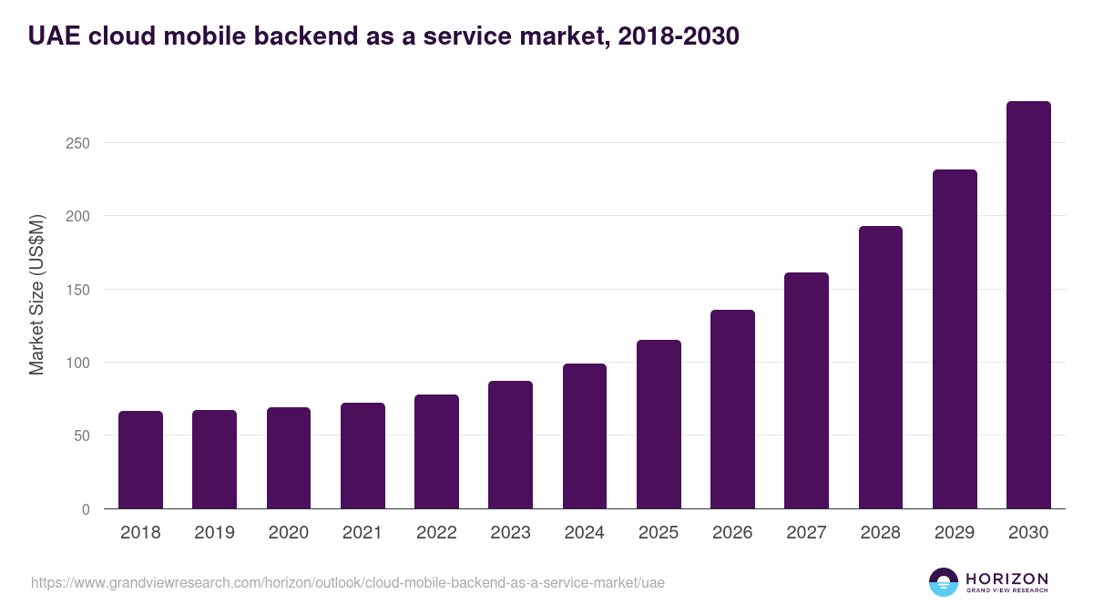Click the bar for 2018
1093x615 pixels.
[x=140, y=460]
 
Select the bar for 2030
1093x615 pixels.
[x=1028, y=305]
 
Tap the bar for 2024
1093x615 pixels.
[x=585, y=436]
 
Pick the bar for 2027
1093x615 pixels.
[x=806, y=391]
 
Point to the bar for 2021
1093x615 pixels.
[x=363, y=456]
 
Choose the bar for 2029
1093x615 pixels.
[x=955, y=339]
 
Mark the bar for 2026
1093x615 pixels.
[x=732, y=409]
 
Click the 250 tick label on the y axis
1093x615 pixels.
[x=77, y=144]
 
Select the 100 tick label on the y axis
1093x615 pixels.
[x=77, y=364]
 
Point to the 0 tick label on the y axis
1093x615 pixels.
[x=86, y=510]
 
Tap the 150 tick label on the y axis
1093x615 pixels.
[x=77, y=291]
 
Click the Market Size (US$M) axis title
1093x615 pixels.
[x=36, y=294]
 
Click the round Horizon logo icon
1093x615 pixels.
[x=944, y=582]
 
